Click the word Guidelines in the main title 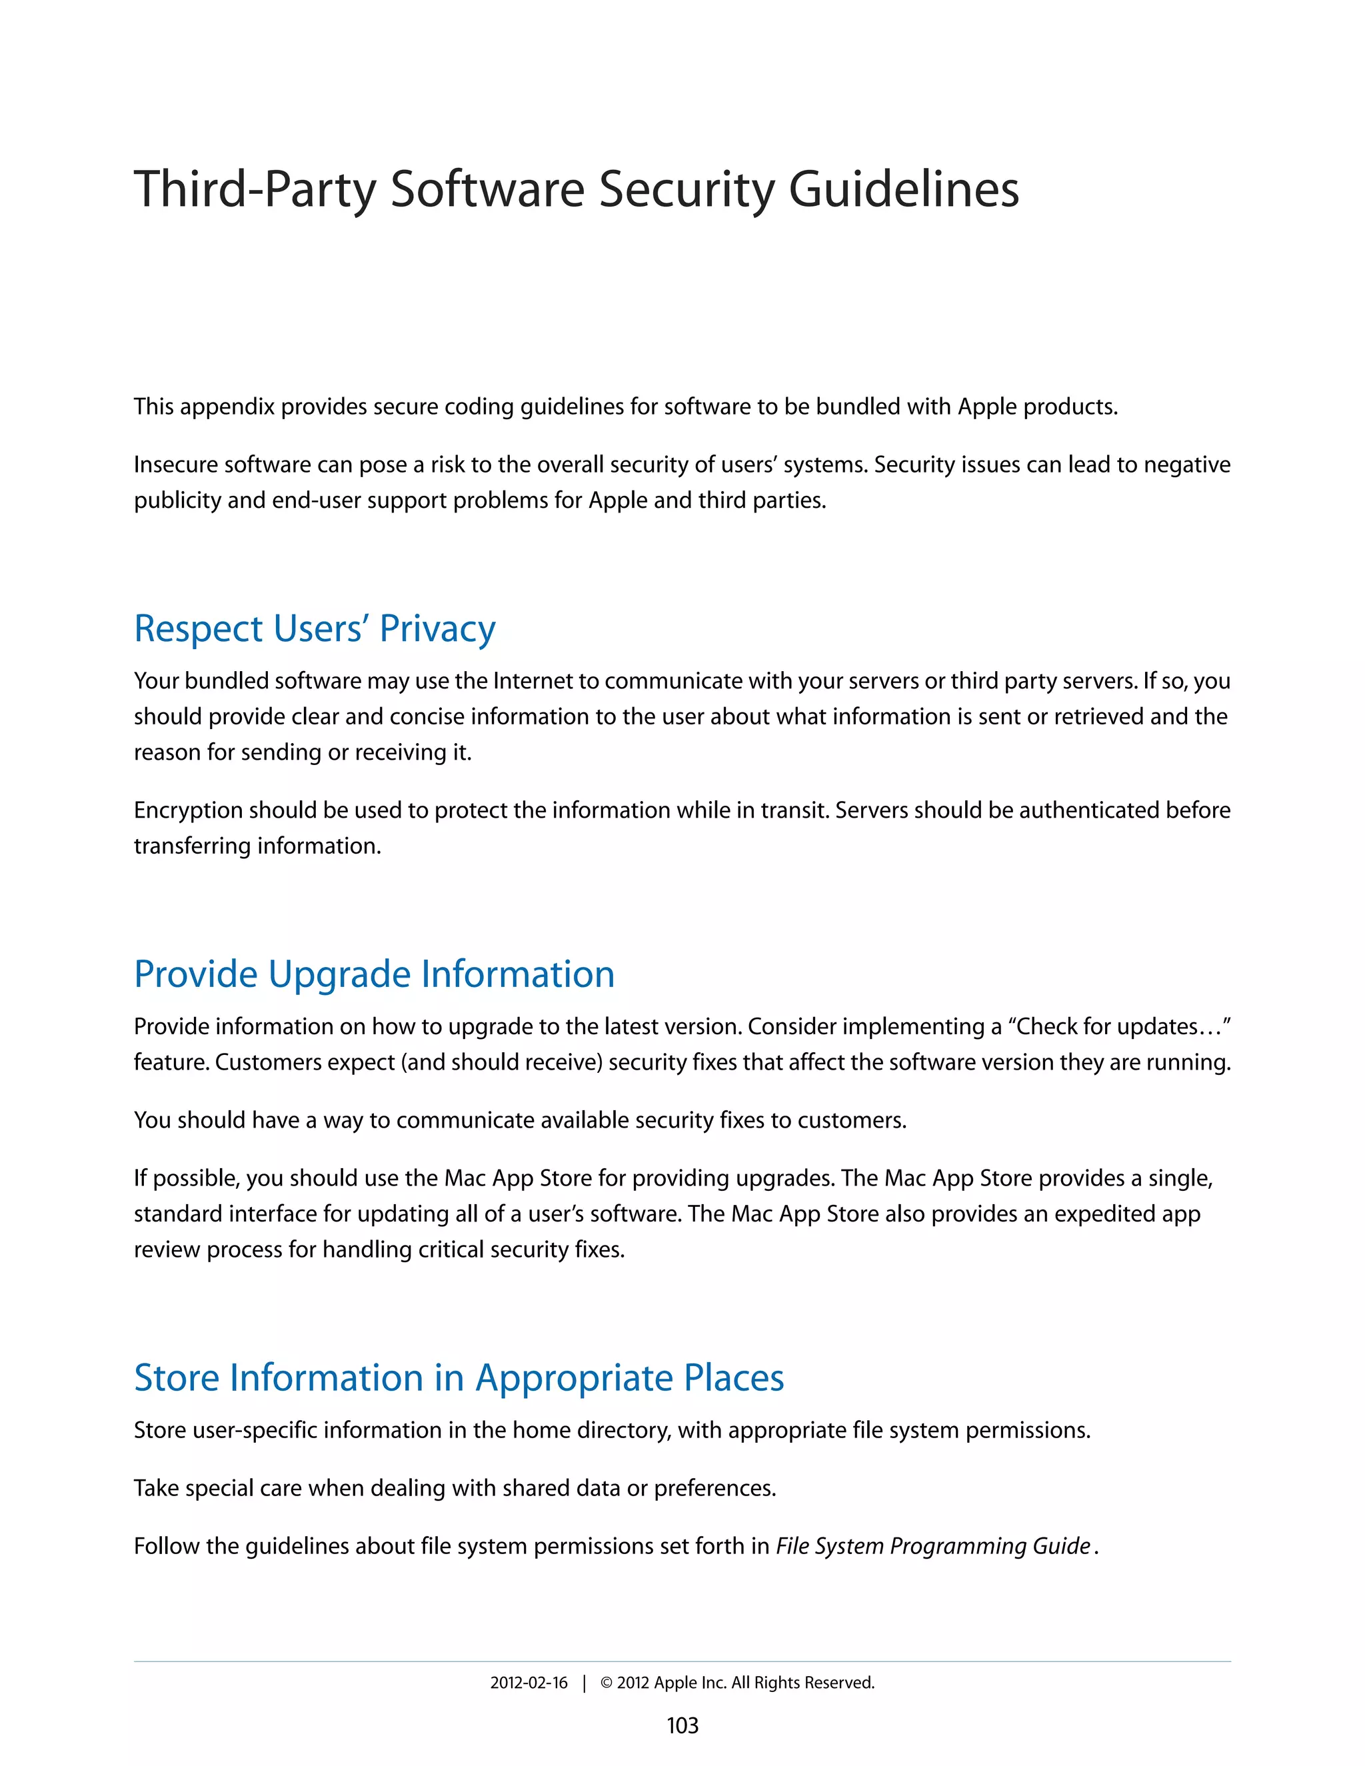point(903,189)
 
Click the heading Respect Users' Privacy point(315,628)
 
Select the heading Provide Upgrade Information point(374,974)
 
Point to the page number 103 point(682,1725)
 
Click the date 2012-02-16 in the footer point(529,1683)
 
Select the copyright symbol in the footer point(607,1683)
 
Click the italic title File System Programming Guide point(933,1546)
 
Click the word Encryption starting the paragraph point(187,810)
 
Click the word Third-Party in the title point(255,189)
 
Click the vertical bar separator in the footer point(584,1683)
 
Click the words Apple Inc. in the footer point(690,1683)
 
